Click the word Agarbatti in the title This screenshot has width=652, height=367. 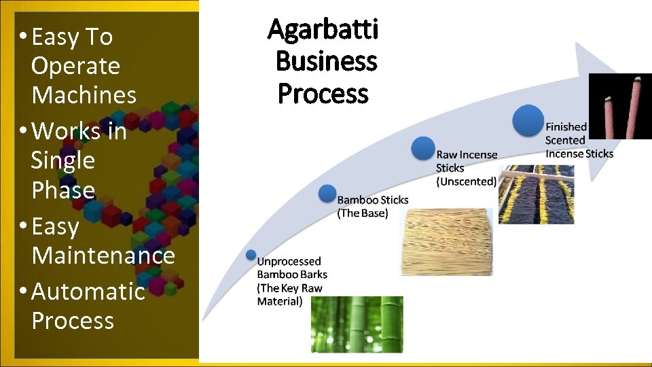[x=323, y=30]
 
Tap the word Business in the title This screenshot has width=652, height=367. [x=326, y=61]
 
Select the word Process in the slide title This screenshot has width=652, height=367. [x=323, y=93]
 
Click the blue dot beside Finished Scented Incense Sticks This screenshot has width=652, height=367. [x=528, y=120]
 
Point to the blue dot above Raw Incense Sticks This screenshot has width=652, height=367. [x=423, y=149]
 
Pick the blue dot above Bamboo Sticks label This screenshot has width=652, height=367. [x=327, y=193]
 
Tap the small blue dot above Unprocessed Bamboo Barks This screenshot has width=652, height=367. [x=251, y=255]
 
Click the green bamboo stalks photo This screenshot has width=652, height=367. [x=357, y=324]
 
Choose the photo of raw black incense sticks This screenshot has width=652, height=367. [x=536, y=194]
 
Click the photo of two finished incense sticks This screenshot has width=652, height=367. [x=619, y=106]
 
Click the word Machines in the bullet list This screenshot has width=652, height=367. [x=84, y=95]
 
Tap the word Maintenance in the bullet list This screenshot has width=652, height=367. [x=103, y=256]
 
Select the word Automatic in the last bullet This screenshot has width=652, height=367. [x=88, y=291]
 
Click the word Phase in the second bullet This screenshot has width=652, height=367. [x=62, y=190]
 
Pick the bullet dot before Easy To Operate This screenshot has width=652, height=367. [x=24, y=36]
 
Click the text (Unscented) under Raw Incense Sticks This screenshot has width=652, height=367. [x=467, y=181]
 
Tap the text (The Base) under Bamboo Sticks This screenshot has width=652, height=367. [x=363, y=213]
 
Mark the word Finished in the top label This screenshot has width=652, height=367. [x=566, y=126]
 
